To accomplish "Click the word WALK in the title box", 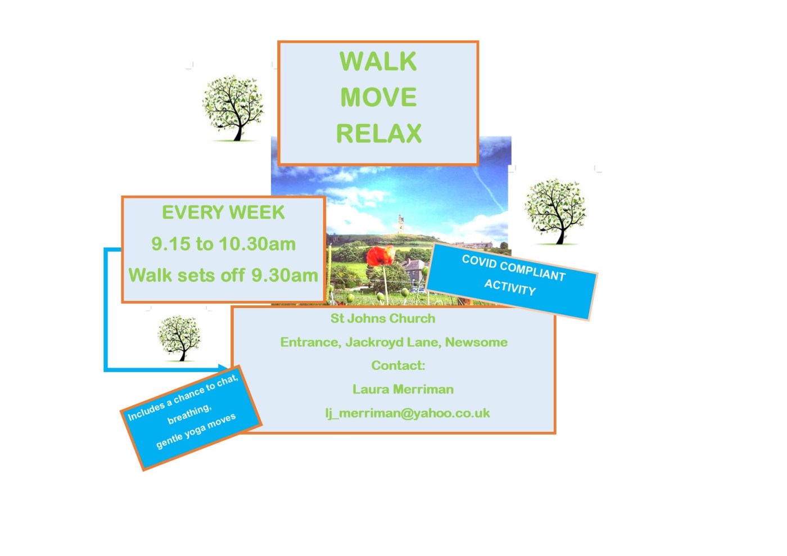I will tap(378, 62).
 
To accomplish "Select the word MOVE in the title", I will tap(378, 98).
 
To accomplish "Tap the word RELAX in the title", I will tap(379, 134).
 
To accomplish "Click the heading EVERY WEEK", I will tap(223, 213).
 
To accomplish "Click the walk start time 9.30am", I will tap(284, 275).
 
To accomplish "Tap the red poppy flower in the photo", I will tap(381, 256).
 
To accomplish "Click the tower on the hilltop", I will tap(400, 224).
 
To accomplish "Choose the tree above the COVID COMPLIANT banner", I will tap(555, 210).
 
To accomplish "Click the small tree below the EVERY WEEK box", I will tap(179, 337).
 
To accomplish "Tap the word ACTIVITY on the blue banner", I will tap(510, 287).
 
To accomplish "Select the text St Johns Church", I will tap(383, 319).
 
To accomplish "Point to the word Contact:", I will tap(398, 366).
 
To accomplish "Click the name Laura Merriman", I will tap(403, 390).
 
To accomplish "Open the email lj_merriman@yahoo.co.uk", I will tap(408, 413).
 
